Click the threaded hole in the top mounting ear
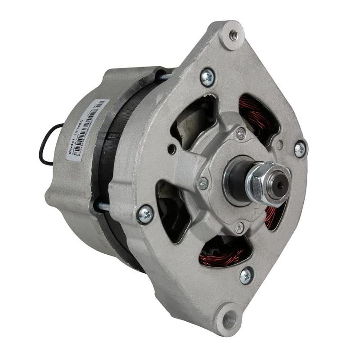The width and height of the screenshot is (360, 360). coord(234,34)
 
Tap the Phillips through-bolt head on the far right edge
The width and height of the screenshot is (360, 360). coord(300,149)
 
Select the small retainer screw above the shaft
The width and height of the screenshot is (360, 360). coord(241,133)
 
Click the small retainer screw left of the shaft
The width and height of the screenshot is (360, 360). coord(203,183)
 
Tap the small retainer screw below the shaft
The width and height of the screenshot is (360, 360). coord(240,228)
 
